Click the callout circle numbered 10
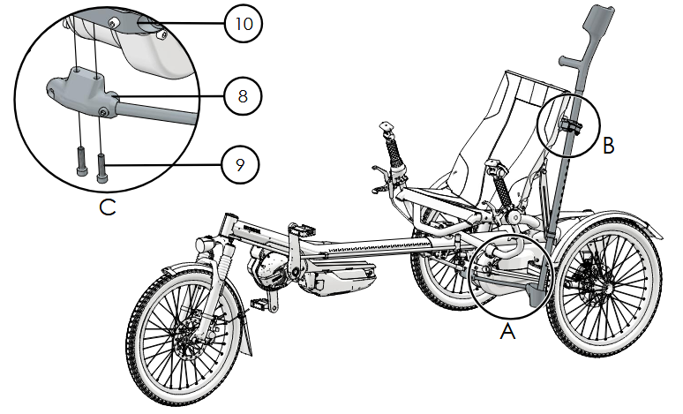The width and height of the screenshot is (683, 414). coord(240,24)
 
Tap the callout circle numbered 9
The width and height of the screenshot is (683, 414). coord(240,163)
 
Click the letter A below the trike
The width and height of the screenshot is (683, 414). coord(507,332)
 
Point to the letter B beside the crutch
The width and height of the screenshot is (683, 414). coord(608,147)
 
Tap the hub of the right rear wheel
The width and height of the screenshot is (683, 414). coord(608,288)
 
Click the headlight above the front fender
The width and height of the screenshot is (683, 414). coord(202,243)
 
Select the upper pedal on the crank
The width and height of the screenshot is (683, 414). coord(301,230)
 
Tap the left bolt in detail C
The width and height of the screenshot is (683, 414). coord(81,162)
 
